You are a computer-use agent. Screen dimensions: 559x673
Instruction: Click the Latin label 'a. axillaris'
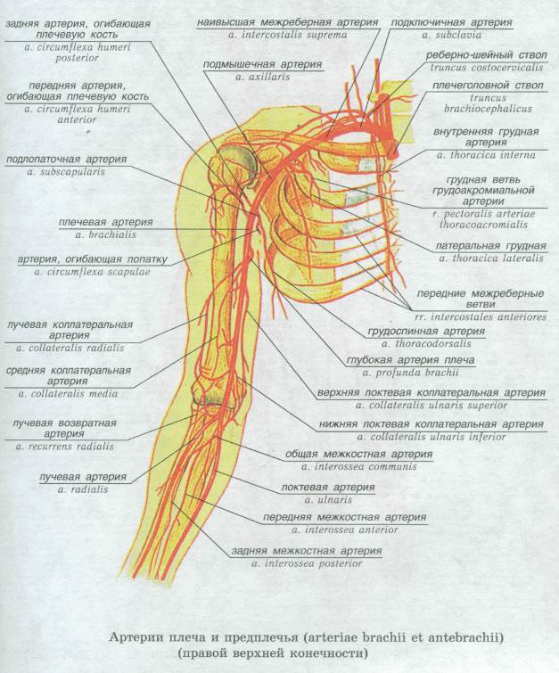click(x=262, y=77)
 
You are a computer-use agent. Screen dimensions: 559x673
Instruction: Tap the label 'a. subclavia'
click(x=452, y=35)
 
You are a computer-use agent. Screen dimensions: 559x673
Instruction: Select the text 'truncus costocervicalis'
click(x=487, y=68)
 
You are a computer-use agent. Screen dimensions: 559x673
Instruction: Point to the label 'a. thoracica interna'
click(x=486, y=155)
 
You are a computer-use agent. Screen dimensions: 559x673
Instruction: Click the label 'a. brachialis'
click(x=105, y=234)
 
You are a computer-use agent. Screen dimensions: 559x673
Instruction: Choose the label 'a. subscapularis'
click(x=66, y=172)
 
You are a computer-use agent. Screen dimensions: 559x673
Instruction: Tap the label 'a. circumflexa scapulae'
click(x=93, y=272)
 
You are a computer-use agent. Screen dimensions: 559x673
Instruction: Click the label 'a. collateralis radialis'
click(x=70, y=348)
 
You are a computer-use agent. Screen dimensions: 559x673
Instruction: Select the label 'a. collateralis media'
click(x=68, y=394)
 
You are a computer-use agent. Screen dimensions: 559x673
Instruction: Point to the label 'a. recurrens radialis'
click(x=65, y=447)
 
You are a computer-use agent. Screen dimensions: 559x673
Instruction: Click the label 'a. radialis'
click(x=83, y=488)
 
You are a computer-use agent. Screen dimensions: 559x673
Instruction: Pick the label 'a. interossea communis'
click(x=359, y=466)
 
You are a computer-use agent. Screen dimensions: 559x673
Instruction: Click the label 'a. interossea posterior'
click(x=307, y=563)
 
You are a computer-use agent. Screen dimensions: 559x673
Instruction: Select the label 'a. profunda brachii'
click(x=410, y=372)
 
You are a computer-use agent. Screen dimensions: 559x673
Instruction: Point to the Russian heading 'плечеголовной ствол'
click(x=488, y=86)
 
